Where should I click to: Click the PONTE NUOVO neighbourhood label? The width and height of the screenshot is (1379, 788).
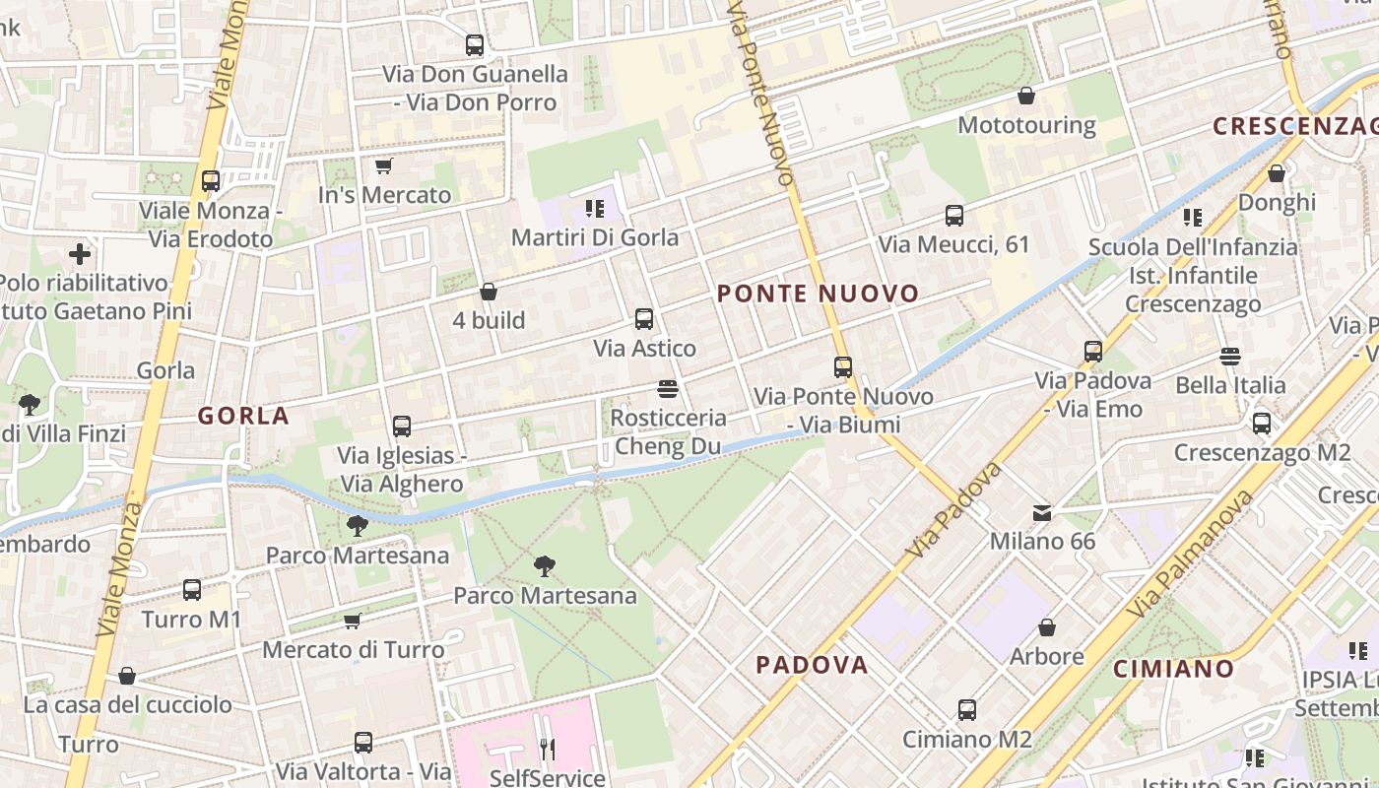pyautogui.click(x=818, y=294)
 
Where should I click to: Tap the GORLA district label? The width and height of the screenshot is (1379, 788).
pyautogui.click(x=244, y=416)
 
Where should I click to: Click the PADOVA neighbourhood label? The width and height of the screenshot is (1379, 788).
pyautogui.click(x=812, y=665)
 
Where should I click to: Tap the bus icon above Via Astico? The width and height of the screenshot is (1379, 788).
pyautogui.click(x=644, y=319)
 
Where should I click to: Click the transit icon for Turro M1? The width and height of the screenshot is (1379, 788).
pyautogui.click(x=192, y=590)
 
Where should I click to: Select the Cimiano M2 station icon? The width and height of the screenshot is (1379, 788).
pyautogui.click(x=967, y=709)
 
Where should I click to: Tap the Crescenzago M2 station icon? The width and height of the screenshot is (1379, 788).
pyautogui.click(x=1262, y=424)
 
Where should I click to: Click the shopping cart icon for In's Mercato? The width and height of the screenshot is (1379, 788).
pyautogui.click(x=384, y=165)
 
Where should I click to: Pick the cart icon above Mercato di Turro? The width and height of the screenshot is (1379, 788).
pyautogui.click(x=353, y=621)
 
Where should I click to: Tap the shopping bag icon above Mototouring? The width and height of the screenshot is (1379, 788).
pyautogui.click(x=1026, y=96)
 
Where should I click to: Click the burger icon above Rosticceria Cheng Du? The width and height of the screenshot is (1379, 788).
pyautogui.click(x=667, y=388)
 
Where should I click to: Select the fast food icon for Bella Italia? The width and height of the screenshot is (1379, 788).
pyautogui.click(x=1229, y=356)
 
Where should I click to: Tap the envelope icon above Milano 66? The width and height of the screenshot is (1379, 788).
pyautogui.click(x=1041, y=512)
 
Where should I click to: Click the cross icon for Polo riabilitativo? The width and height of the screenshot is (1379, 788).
pyautogui.click(x=80, y=254)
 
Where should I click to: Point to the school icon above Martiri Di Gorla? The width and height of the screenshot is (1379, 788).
pyautogui.click(x=595, y=208)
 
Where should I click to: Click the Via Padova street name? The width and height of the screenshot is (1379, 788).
pyautogui.click(x=953, y=509)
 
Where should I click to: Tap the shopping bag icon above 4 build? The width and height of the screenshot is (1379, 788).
pyautogui.click(x=489, y=292)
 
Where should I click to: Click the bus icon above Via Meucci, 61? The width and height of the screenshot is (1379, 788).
pyautogui.click(x=953, y=215)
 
